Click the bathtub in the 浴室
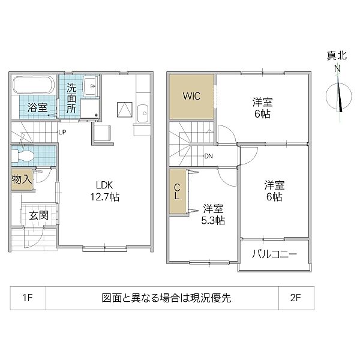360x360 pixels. pos(33,85)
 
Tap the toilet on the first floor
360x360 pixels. pos(23,155)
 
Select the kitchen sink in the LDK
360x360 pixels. pos(143,114)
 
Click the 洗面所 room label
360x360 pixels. pos(71,98)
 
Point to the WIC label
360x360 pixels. pos(191,96)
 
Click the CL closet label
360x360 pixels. pos(177,191)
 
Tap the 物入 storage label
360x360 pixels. pos(22,179)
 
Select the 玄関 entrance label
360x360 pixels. pos(38,215)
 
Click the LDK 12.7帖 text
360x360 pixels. pos(104,191)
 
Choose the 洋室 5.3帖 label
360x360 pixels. pos(213,215)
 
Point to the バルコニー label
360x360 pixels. pos(275,254)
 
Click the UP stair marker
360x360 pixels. pos(62,132)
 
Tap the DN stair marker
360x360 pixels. pos(208,156)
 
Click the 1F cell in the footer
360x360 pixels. pos(28,298)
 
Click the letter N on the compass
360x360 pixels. pos(337,68)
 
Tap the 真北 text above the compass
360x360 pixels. pos(337,56)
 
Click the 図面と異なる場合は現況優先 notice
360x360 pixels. pos(166,298)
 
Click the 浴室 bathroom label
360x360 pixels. pos(37,107)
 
